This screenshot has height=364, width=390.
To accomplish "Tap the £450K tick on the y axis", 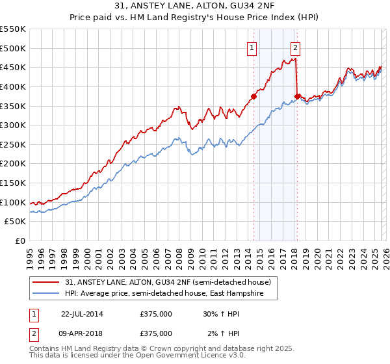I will click(x=13, y=67).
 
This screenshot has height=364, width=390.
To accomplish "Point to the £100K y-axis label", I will click(x=13, y=202).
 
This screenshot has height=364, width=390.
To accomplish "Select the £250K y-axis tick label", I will click(x=13, y=144).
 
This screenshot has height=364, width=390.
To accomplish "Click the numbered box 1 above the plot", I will click(x=251, y=47).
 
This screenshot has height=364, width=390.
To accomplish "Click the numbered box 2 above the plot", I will click(x=295, y=47).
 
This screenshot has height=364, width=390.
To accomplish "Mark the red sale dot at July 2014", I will click(x=253, y=96).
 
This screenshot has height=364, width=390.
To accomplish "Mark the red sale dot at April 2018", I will click(x=297, y=96).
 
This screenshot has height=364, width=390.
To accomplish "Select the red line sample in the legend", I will click(x=47, y=282).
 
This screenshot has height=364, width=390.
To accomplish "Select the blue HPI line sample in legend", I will click(x=47, y=293).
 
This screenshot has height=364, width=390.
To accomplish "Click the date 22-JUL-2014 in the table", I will click(x=82, y=313).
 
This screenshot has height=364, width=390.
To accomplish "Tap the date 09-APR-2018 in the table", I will click(x=82, y=333).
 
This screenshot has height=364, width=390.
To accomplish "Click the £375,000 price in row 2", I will click(x=156, y=333).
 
